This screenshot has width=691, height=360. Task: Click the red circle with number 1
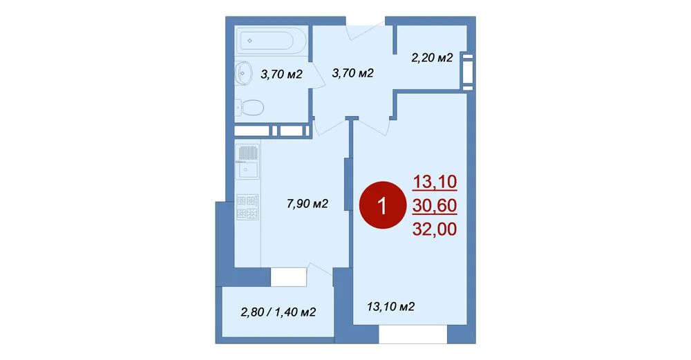point(382,205)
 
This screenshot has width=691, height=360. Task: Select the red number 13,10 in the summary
point(435,182)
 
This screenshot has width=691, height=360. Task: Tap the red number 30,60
point(435,205)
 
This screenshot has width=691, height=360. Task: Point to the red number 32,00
point(435,229)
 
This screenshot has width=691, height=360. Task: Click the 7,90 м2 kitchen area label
point(307,204)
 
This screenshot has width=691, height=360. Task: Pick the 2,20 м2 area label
point(432,58)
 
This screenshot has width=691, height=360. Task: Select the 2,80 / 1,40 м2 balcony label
point(278,312)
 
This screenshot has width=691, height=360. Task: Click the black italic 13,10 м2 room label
point(390,306)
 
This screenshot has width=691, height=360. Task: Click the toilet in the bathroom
point(249,107)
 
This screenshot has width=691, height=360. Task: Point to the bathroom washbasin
point(243,73)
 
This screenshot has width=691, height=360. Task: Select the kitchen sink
point(247,162)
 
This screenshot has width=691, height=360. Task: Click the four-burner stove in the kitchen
point(247,207)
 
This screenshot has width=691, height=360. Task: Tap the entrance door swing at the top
point(365,31)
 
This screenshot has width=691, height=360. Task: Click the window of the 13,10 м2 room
point(413,334)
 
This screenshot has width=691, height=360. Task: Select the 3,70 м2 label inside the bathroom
point(281,74)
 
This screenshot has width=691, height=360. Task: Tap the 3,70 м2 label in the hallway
point(352,73)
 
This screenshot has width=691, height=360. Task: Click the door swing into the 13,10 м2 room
point(372,126)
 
